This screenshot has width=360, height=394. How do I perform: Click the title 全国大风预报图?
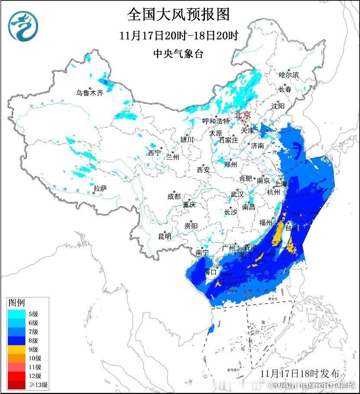[x=178, y=14]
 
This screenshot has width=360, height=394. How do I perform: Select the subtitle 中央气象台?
[x=178, y=54]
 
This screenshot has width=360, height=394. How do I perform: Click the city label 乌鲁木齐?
[x=90, y=93]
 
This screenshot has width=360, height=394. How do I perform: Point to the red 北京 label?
[x=243, y=115]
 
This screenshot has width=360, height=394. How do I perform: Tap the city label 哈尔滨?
[x=289, y=75]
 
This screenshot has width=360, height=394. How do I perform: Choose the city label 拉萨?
[x=100, y=188]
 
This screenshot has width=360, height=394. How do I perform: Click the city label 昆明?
[x=165, y=236]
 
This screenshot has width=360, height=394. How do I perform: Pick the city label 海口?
[x=210, y=272]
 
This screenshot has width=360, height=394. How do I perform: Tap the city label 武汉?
[x=237, y=194]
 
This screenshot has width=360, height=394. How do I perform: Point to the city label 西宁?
[x=154, y=152]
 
